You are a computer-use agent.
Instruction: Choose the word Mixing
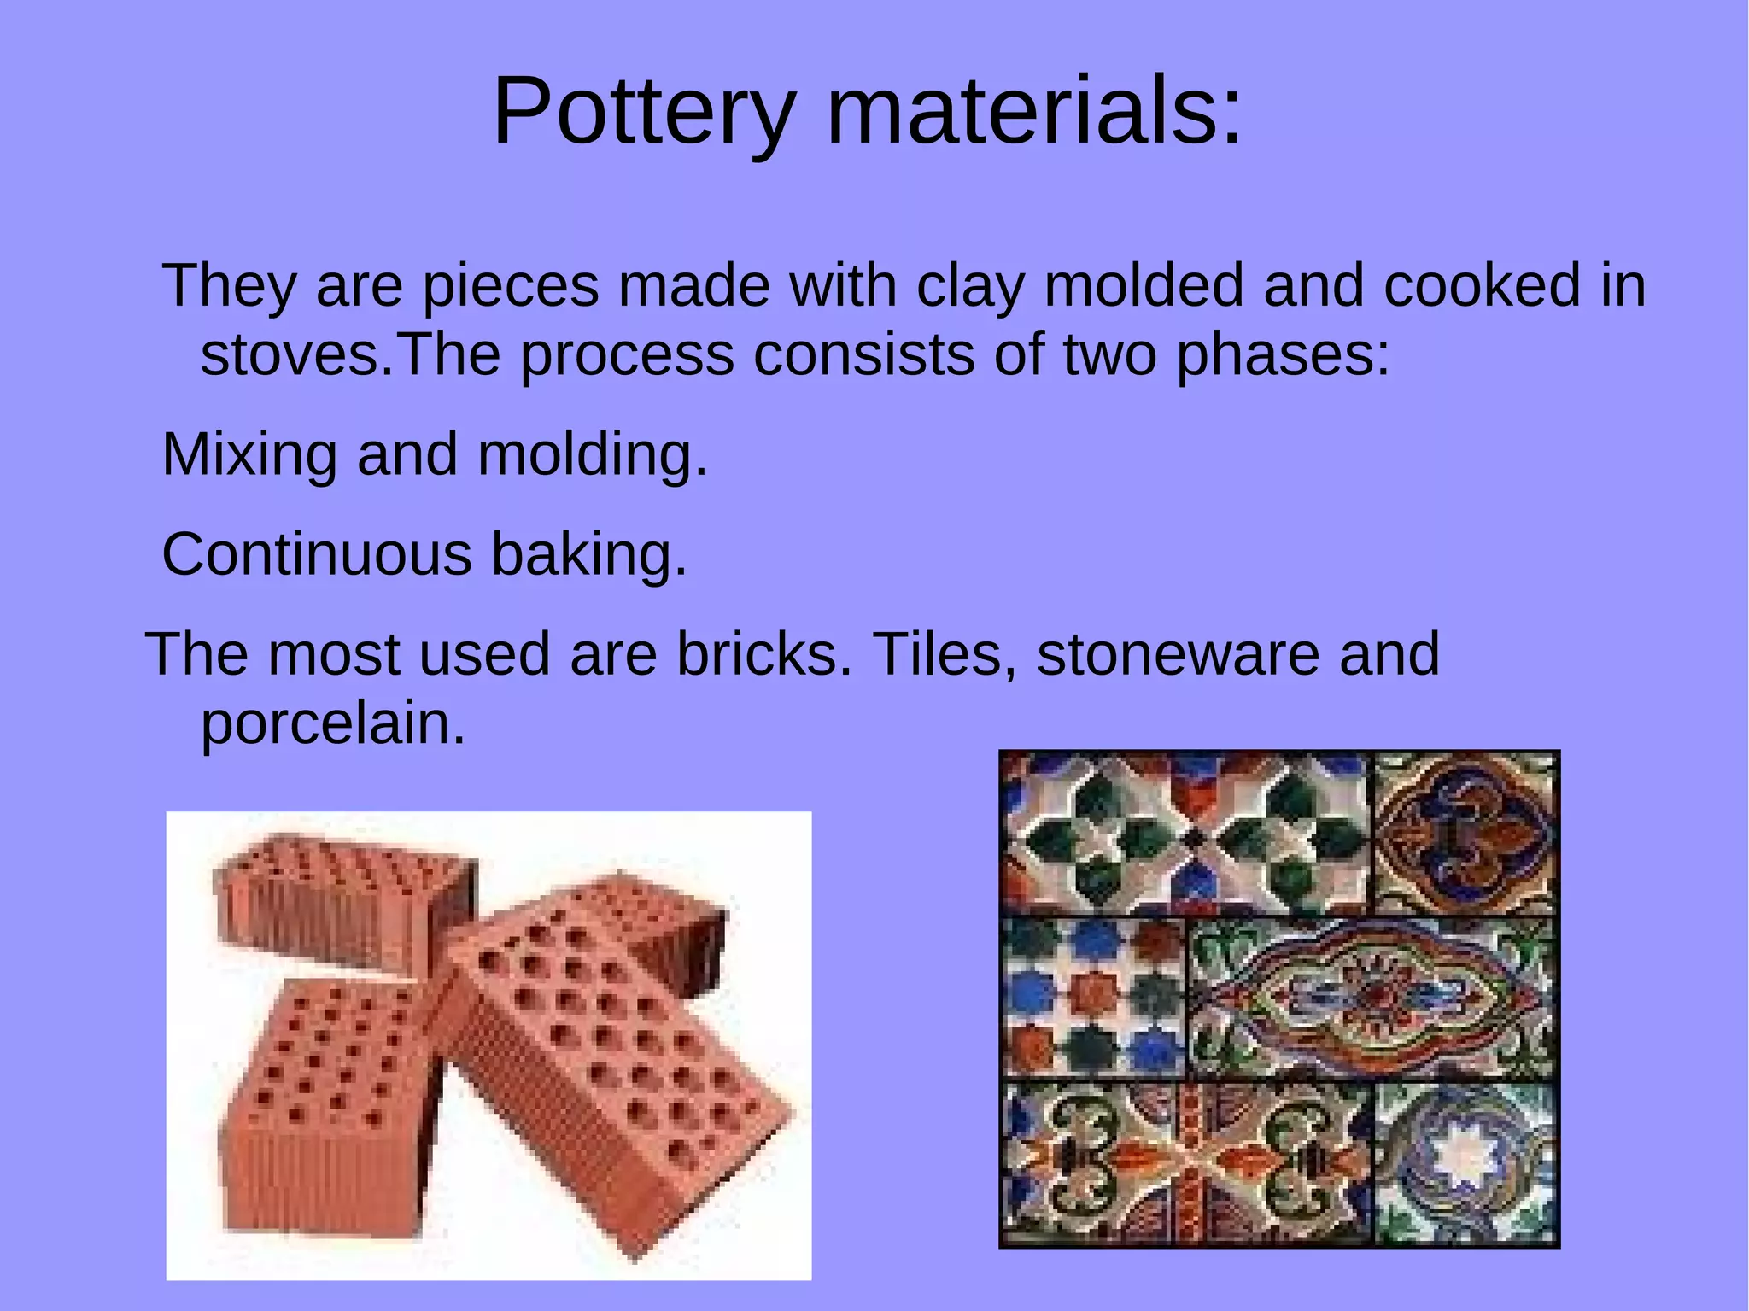click(x=249, y=454)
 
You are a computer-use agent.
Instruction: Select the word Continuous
click(x=316, y=554)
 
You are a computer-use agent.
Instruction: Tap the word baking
click(x=588, y=554)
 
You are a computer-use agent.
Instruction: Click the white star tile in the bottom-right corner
click(x=1465, y=1163)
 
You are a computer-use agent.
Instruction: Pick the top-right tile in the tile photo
click(x=1464, y=833)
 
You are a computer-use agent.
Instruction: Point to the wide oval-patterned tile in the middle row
click(x=1370, y=998)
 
